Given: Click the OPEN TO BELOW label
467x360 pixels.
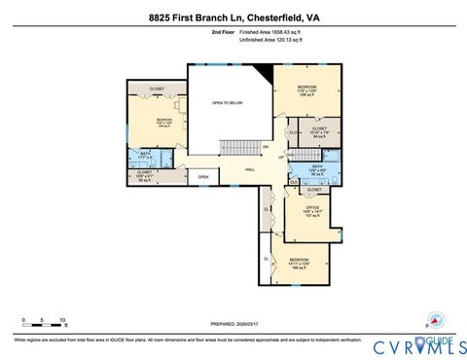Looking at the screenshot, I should point(227,101).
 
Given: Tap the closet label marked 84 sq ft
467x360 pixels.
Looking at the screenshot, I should point(318,131).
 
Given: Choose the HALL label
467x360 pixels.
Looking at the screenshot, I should point(250,169).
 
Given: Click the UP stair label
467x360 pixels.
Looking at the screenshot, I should point(282,157).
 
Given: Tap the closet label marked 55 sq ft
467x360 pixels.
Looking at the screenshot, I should point(145,176).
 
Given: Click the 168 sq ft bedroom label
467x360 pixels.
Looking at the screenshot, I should point(300,264).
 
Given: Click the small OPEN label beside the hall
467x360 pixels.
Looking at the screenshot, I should point(202,177).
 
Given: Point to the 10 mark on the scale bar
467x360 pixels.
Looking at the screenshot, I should point(62,319).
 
